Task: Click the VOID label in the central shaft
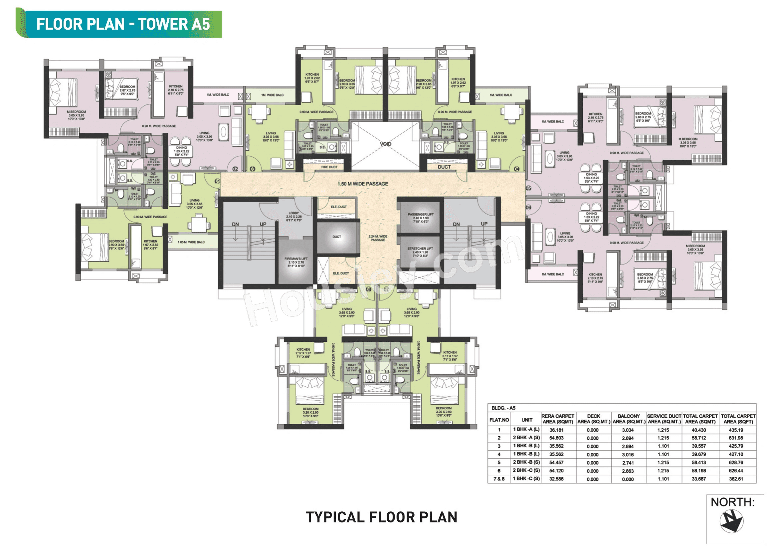pyautogui.click(x=385, y=144)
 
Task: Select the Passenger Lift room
pyautogui.click(x=420, y=218)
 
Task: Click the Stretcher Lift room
pyautogui.click(x=420, y=252)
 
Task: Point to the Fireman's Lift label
pyautogui.click(x=296, y=262)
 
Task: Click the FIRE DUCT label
pyautogui.click(x=329, y=167)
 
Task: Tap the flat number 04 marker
pyautogui.click(x=516, y=169)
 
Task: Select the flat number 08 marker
pyautogui.click(x=368, y=289)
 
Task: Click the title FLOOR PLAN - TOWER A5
pyautogui.click(x=123, y=24)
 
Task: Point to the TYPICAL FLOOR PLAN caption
pyautogui.click(x=381, y=517)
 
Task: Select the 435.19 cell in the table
pyautogui.click(x=735, y=430)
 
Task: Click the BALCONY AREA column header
pyautogui.click(x=629, y=419)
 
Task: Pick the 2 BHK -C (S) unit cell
pyautogui.click(x=526, y=470)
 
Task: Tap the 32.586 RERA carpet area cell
pyautogui.click(x=556, y=479)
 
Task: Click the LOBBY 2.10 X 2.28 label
pyautogui.click(x=293, y=217)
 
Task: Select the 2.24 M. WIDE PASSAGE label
pyautogui.click(x=378, y=238)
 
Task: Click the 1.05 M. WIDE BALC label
pyautogui.click(x=191, y=242)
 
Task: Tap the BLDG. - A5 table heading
pyautogui.click(x=503, y=408)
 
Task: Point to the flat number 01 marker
pyautogui.click(x=217, y=181)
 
